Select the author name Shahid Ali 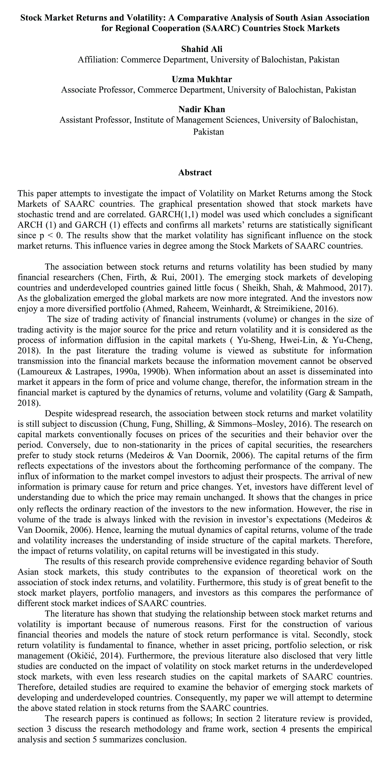point(202,49)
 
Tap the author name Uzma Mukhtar point(202,79)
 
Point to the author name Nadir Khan point(202,109)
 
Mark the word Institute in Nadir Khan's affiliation point(148,120)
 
